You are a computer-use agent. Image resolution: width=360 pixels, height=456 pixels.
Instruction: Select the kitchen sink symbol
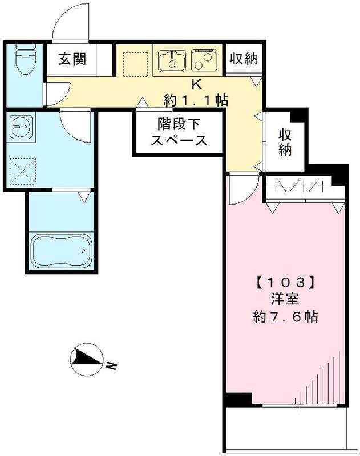coord(171,59)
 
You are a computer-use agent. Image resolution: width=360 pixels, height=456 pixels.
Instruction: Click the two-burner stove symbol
coord(205,59)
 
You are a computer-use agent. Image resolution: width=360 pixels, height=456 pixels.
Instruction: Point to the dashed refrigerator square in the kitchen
coord(135,62)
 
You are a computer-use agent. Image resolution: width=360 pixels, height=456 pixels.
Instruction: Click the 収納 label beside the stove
coord(244,58)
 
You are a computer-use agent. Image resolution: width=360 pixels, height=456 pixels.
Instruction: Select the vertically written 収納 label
coord(285,142)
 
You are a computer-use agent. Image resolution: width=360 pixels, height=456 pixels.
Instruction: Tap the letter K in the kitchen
coord(196,84)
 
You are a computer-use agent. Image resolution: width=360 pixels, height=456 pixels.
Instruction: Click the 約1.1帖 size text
coord(196,101)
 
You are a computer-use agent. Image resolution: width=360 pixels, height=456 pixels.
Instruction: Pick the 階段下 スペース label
coord(179,132)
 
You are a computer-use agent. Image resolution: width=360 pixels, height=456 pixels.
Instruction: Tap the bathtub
coord(60,250)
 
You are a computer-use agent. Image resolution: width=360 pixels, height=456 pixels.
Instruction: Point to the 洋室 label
coord(285,299)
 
